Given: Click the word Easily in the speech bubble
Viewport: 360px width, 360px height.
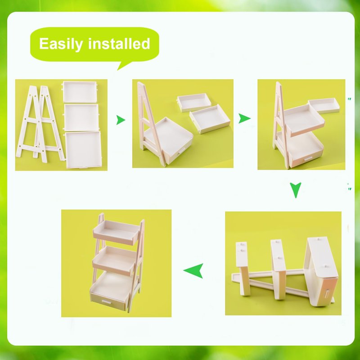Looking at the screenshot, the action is click(x=61, y=44).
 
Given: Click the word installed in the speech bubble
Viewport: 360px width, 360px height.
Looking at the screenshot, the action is click(x=119, y=43).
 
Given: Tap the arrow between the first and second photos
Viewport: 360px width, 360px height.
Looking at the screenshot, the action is click(x=120, y=120).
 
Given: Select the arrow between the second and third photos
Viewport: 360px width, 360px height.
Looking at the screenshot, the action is click(x=244, y=118).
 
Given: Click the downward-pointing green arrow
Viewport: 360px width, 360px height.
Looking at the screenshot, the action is click(x=295, y=189).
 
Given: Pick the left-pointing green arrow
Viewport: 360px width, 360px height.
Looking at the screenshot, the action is click(x=193, y=271).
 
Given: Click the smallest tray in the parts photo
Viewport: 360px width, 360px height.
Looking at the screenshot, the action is click(x=80, y=92).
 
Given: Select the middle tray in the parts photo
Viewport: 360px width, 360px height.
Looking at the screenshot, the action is click(x=81, y=117).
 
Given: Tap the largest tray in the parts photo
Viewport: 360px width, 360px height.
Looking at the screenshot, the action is click(x=83, y=150).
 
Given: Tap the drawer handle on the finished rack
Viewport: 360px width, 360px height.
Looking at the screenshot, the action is click(x=107, y=301).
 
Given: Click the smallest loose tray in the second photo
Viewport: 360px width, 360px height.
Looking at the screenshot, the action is click(x=194, y=102).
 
